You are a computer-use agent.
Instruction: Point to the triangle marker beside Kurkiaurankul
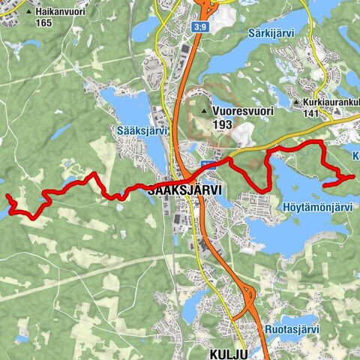point(297,103)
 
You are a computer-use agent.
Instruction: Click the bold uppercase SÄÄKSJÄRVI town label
point(184,191)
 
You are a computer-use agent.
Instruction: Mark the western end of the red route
point(7,196)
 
